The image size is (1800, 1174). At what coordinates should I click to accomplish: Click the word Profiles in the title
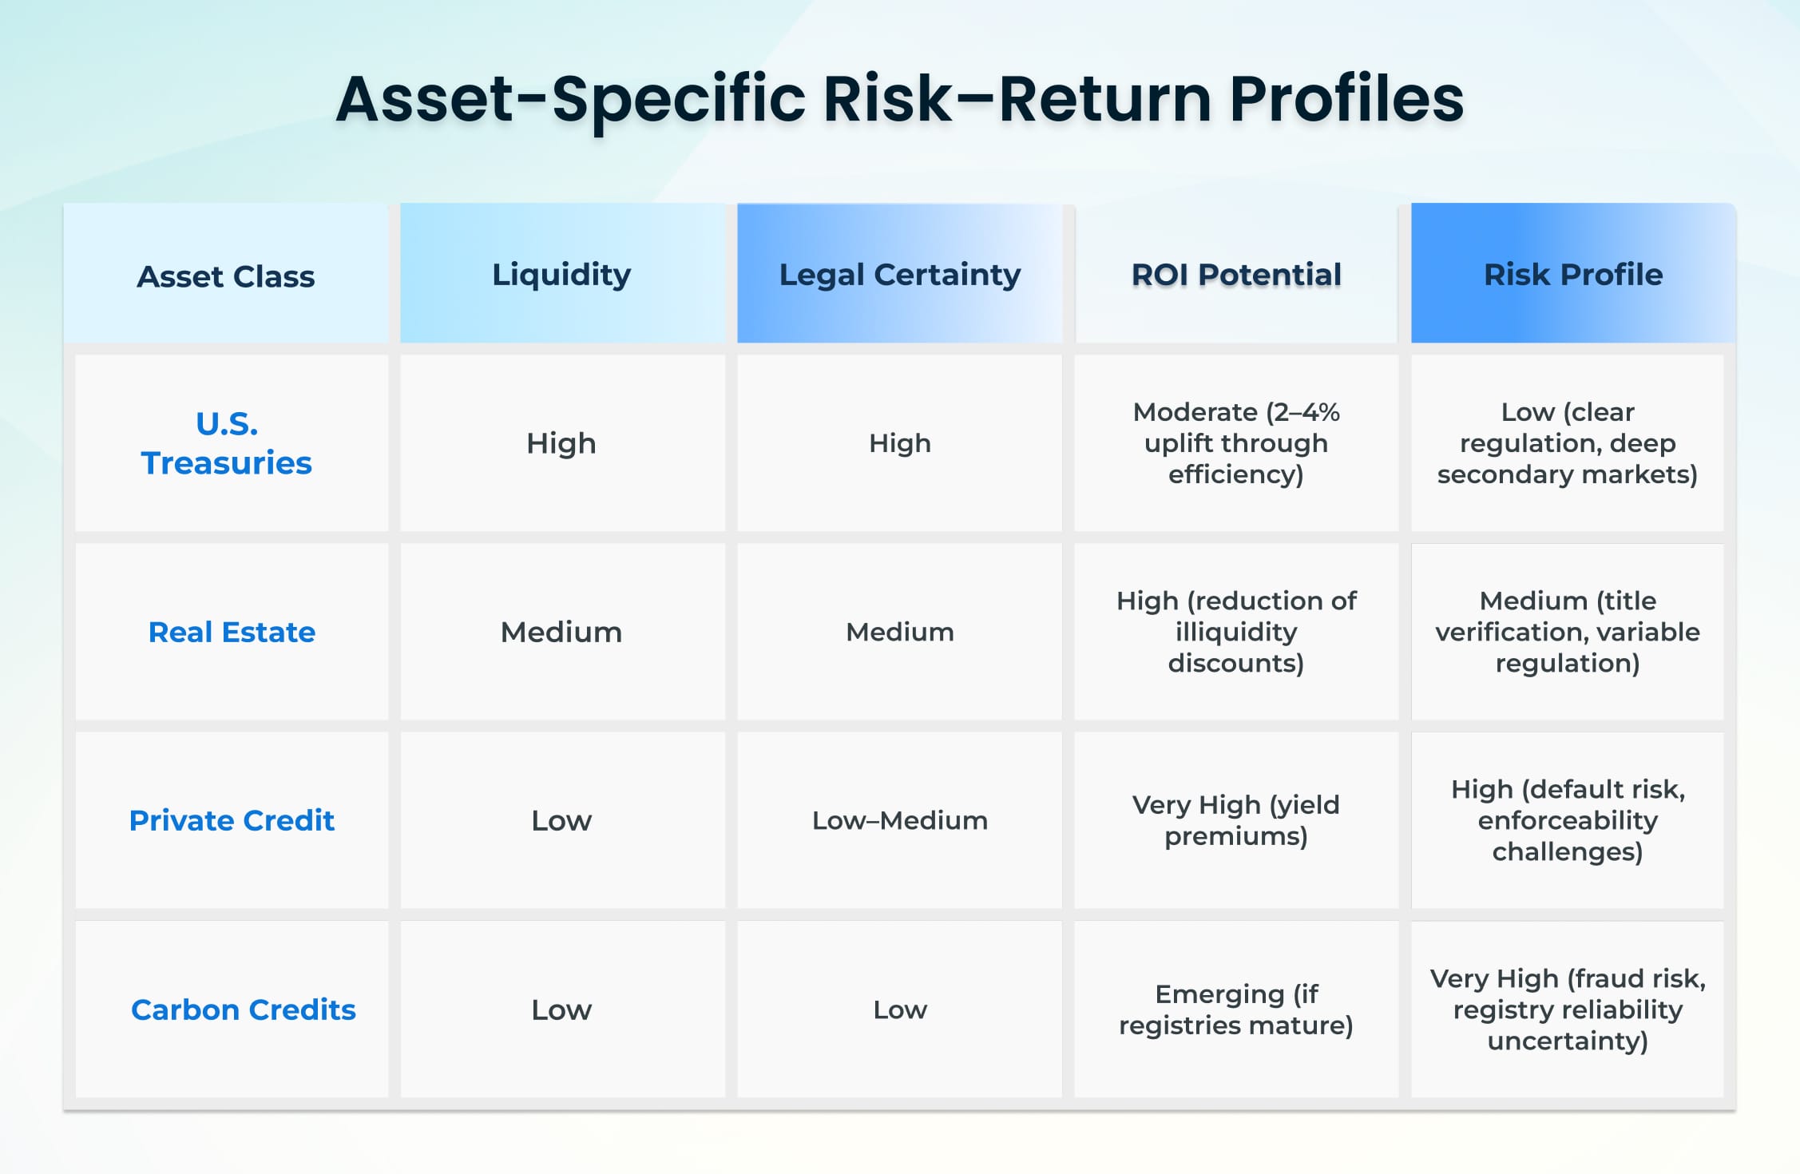[1346, 99]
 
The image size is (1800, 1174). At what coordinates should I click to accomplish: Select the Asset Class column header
[226, 276]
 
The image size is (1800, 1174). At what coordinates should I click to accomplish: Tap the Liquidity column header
[561, 275]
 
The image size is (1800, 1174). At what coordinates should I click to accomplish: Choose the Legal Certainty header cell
[899, 275]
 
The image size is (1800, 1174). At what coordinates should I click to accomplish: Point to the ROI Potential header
[1236, 275]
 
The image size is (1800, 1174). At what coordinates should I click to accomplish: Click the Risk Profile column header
[1572, 275]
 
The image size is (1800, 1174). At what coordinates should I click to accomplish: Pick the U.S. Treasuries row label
[227, 443]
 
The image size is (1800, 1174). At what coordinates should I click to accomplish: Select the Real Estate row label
[232, 632]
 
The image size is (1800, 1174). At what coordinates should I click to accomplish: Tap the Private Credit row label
[232, 820]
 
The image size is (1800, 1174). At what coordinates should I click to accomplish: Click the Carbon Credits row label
[243, 1009]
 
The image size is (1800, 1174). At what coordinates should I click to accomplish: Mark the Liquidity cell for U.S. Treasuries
[561, 443]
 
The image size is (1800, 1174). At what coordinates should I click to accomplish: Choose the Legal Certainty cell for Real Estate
[899, 632]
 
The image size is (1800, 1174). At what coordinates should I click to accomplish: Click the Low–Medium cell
[899, 820]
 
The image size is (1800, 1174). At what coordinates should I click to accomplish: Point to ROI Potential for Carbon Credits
[1236, 1009]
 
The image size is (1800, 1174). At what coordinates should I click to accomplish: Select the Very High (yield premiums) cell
[1236, 820]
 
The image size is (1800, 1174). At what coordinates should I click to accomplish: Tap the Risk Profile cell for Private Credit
[1567, 820]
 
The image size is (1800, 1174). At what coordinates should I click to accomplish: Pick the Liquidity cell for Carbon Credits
[561, 1009]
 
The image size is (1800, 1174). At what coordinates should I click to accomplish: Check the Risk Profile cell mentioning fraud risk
[1567, 1009]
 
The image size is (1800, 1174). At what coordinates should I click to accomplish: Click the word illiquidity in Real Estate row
[1236, 632]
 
